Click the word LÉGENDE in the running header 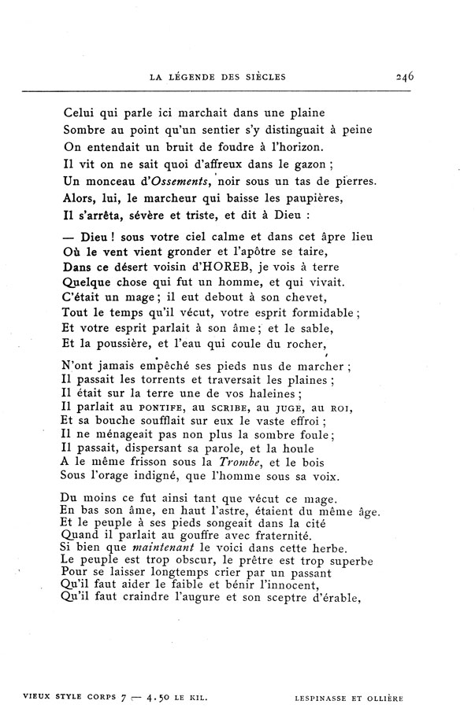tap(194, 77)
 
